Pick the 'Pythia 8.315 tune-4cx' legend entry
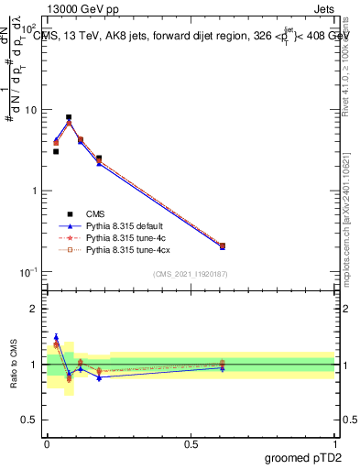tap(126, 249)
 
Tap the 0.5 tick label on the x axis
tap(191, 443)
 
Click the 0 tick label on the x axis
tap(47, 443)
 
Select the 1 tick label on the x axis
tap(334, 443)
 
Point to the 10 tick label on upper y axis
tap(30, 110)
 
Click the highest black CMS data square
tap(69, 117)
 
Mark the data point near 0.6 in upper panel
tap(223, 245)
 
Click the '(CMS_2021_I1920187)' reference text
tap(191, 274)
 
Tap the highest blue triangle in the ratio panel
tap(56, 337)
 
